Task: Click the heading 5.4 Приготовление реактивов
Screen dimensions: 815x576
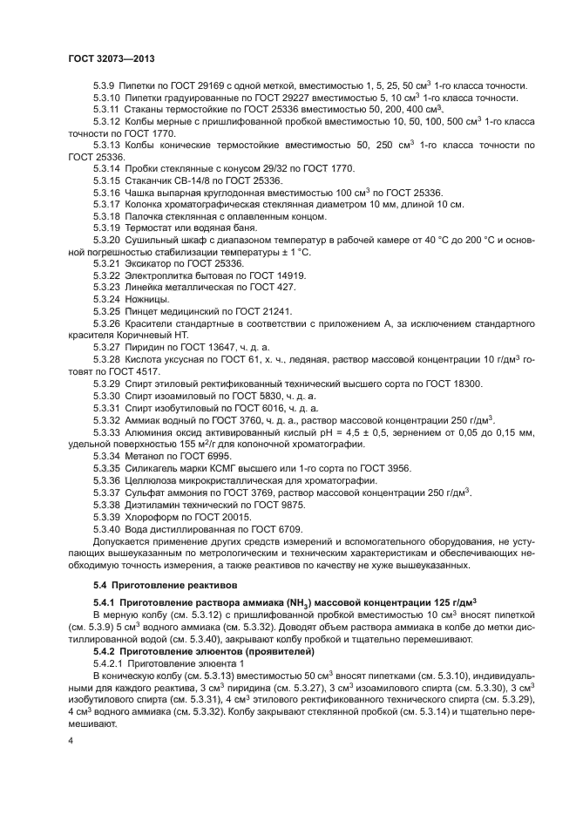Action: tap(163, 582)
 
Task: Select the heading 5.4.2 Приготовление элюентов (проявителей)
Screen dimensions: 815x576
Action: tap(201, 650)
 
